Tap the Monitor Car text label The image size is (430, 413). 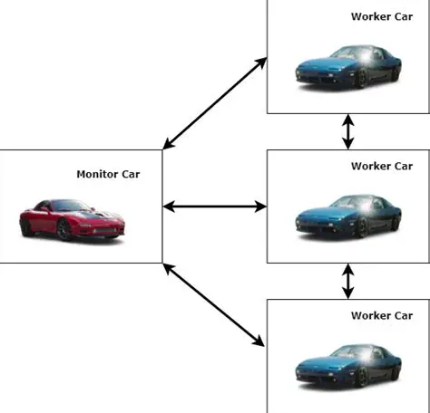108,174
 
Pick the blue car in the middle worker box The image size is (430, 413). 348,217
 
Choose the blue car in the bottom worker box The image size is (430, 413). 348,365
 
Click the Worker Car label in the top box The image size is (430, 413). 381,16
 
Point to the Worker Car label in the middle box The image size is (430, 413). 381,167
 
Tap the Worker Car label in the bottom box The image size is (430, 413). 381,315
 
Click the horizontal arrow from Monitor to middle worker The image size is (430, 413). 215,206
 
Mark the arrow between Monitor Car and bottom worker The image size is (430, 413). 215,303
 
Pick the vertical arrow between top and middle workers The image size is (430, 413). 347,131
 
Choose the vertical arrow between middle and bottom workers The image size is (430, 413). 347,281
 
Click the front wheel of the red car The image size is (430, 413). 64,231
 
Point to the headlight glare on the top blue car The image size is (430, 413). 363,58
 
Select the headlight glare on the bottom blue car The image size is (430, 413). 363,356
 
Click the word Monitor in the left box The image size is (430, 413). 95,174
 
